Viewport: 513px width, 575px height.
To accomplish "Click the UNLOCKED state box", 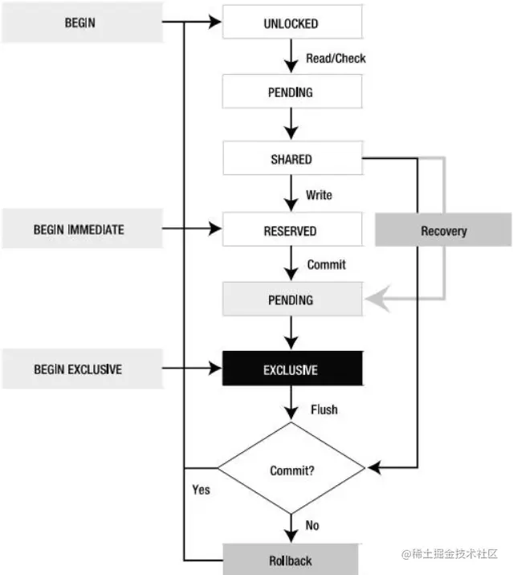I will click(x=291, y=23).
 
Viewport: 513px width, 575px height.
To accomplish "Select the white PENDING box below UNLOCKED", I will click(x=291, y=92).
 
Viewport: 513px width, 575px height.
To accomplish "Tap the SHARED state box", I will click(x=291, y=159).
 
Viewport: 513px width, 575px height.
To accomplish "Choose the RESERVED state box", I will click(x=291, y=230).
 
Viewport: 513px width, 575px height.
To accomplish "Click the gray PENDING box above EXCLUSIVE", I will click(x=291, y=300).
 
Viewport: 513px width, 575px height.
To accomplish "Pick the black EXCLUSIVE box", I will click(x=291, y=369).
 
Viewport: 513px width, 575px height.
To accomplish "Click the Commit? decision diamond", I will click(x=291, y=471).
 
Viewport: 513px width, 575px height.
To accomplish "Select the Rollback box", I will click(x=291, y=561).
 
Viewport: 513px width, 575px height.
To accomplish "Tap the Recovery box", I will click(x=443, y=230).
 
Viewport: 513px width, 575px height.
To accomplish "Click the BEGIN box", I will click(x=79, y=22).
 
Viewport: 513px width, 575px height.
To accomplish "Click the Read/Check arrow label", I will click(x=336, y=59).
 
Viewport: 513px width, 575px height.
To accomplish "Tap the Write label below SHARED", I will click(x=319, y=195).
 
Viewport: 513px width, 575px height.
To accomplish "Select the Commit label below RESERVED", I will click(x=326, y=264).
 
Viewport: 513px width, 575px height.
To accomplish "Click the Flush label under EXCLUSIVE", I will click(x=324, y=410).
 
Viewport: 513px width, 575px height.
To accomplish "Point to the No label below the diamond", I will click(x=311, y=525).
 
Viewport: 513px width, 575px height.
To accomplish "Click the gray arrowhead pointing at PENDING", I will click(x=373, y=300).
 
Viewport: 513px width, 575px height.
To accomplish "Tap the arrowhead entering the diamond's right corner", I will click(x=373, y=467).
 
